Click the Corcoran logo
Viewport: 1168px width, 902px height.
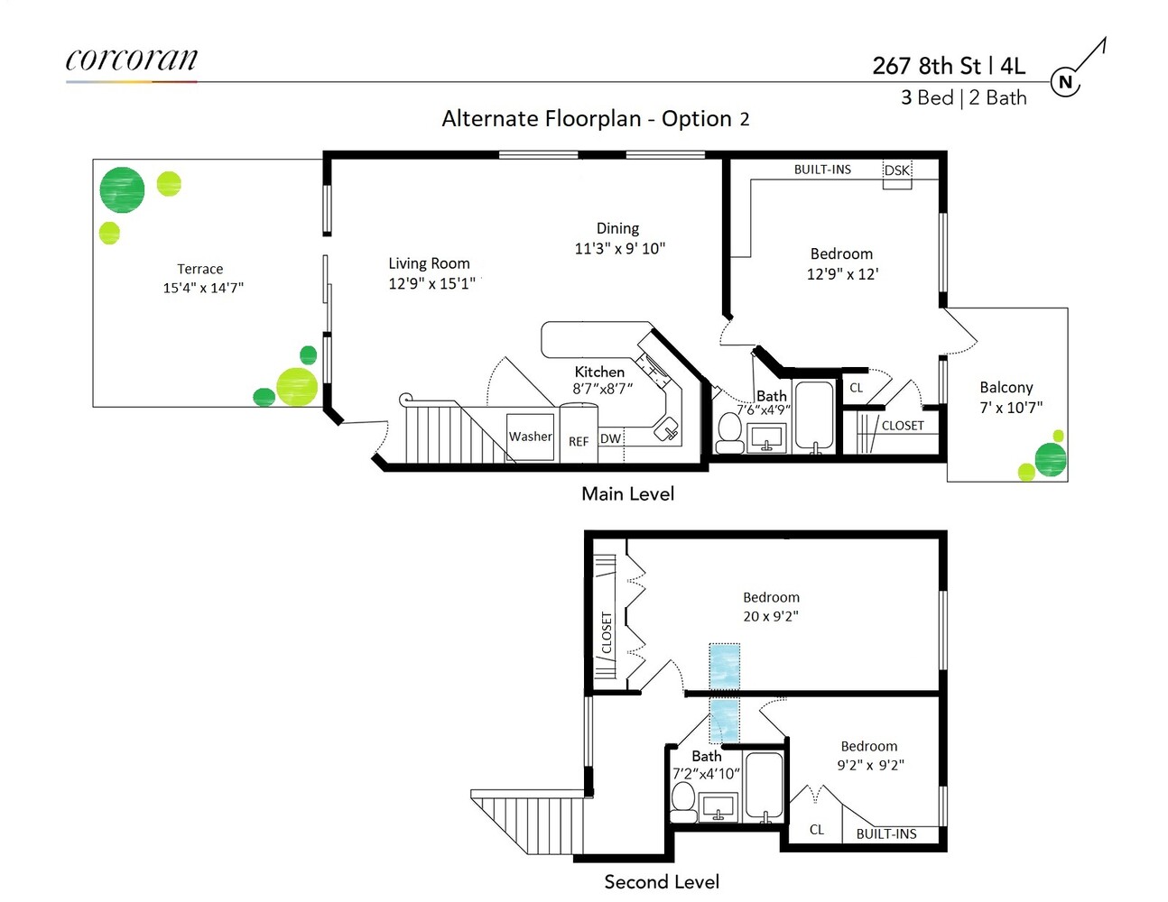click(x=132, y=59)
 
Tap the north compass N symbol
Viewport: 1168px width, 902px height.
click(x=1065, y=82)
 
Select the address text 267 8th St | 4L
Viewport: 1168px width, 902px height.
click(x=949, y=66)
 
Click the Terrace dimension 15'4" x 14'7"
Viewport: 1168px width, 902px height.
click(x=203, y=288)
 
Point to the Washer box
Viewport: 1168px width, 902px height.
click(x=531, y=437)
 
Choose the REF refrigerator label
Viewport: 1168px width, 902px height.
click(x=579, y=441)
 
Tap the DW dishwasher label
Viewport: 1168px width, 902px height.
click(x=610, y=438)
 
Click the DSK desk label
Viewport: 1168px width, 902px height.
click(x=896, y=170)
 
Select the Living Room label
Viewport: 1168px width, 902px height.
click(x=429, y=263)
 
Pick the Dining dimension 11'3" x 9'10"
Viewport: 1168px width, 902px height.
click(x=620, y=249)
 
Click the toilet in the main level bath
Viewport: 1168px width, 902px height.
click(x=730, y=432)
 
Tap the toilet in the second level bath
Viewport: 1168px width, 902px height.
click(x=683, y=802)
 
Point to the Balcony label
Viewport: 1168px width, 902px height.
click(x=1006, y=387)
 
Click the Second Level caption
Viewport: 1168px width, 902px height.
click(x=662, y=881)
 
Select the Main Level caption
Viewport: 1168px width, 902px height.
click(x=628, y=494)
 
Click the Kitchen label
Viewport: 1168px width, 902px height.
click(x=599, y=372)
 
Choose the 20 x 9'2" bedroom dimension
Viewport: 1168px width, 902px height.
click(x=771, y=616)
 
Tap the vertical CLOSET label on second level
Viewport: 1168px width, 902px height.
click(x=607, y=632)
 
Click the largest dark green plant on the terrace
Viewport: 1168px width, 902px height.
click(x=122, y=190)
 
